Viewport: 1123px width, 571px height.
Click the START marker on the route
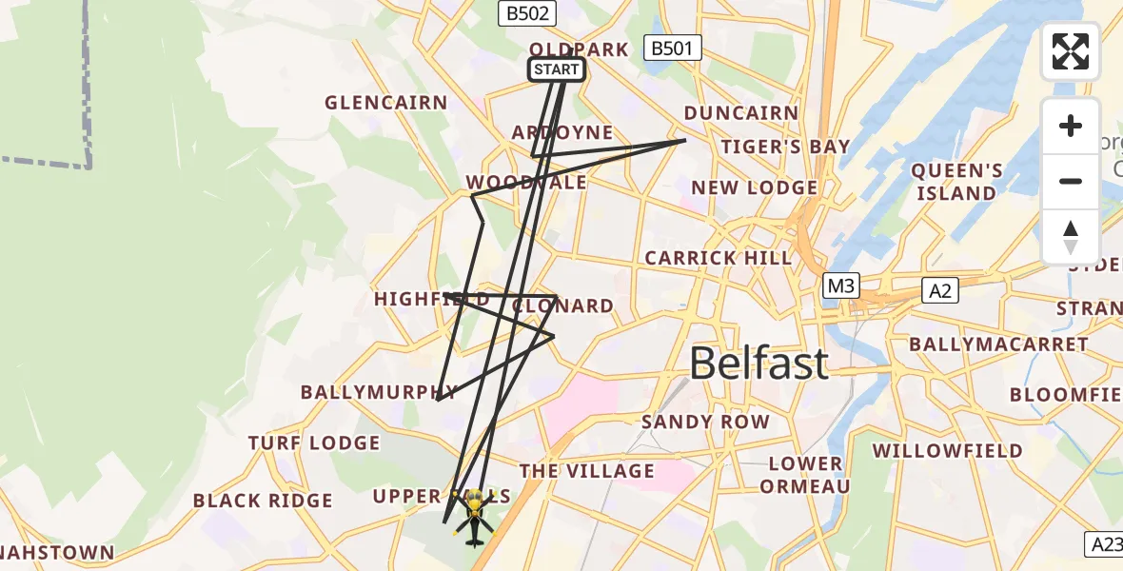tap(556, 69)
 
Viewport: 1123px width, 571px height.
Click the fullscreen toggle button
tap(1071, 51)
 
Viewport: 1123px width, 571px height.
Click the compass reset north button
tap(1071, 237)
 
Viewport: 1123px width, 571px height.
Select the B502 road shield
tap(527, 13)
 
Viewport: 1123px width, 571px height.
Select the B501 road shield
tap(673, 48)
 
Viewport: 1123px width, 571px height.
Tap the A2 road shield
tap(939, 291)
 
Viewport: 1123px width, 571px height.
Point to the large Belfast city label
tap(759, 364)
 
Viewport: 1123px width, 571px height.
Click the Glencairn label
tap(386, 103)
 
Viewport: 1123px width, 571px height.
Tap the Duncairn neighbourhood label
tap(741, 113)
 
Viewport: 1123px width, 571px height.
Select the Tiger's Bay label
tap(785, 147)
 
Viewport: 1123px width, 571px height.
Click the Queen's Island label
tap(956, 182)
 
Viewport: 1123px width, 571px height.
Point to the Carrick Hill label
tap(718, 258)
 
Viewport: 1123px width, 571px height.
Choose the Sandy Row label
tap(705, 422)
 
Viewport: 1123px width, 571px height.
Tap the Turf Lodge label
tap(314, 443)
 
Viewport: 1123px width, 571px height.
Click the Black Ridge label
tap(263, 501)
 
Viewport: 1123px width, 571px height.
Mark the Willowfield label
tap(948, 450)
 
